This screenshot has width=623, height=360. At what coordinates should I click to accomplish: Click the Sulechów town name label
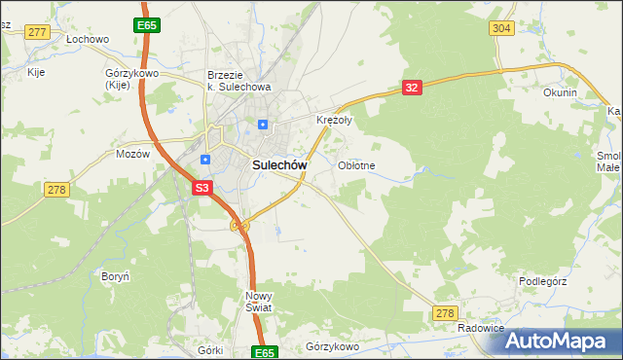point(280,165)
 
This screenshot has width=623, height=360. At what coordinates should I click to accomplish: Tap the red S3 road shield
point(202,187)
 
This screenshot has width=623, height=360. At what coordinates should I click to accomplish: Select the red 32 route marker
point(412,88)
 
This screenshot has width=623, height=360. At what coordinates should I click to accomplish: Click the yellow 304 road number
point(501,28)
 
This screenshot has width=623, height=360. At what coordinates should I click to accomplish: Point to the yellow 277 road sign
point(38,32)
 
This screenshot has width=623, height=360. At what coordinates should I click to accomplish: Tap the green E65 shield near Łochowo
point(148,23)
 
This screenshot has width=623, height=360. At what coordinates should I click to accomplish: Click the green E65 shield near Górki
point(264,352)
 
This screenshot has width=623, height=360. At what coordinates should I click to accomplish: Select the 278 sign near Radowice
point(445,312)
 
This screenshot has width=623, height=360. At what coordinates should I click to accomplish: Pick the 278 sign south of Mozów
point(56,189)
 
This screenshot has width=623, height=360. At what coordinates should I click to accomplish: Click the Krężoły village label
point(334,121)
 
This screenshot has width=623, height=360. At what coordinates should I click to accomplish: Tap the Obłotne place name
point(356,165)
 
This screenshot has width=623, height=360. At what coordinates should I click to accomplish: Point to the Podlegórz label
point(543,281)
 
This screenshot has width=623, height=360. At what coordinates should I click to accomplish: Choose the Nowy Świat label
point(260,301)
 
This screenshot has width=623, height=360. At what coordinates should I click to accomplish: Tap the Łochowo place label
point(88,40)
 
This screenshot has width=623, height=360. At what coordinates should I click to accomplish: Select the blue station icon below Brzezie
point(263,124)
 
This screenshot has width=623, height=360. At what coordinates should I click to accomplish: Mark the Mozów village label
point(132,154)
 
